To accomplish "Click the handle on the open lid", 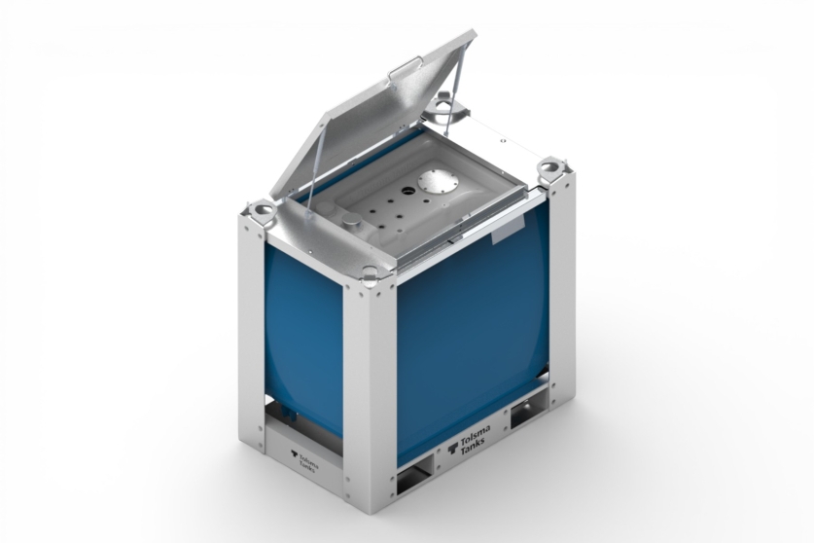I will click(404, 70).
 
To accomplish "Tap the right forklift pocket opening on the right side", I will click(531, 414).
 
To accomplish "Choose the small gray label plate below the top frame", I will click(508, 233).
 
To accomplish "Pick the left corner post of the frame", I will click(251, 331).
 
